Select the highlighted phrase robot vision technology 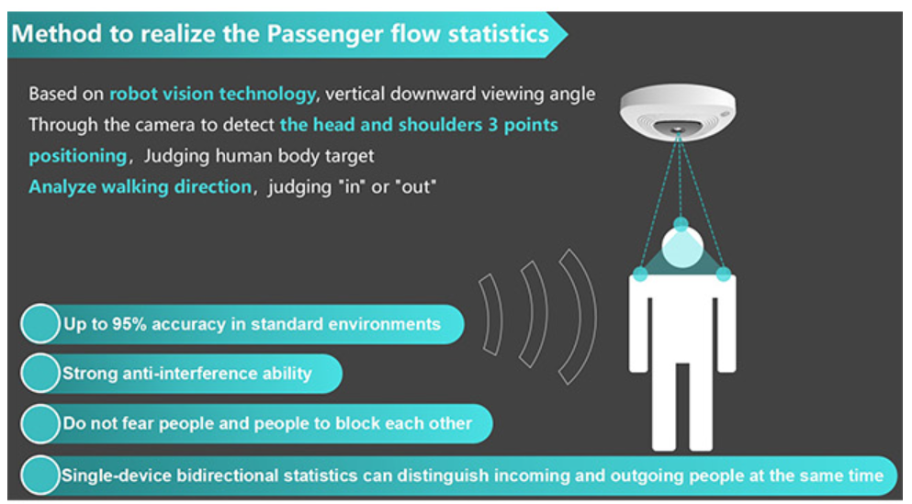(213, 95)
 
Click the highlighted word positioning (77, 156)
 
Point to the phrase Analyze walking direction (141, 186)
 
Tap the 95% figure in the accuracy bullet (129, 324)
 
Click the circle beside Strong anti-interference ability (40, 374)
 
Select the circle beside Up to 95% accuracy (40, 324)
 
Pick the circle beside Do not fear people (40, 424)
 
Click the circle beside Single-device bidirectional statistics (40, 475)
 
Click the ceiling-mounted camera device (678, 112)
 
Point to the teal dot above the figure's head (681, 224)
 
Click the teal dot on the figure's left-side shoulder (640, 274)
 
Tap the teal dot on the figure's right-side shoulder (723, 274)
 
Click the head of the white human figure (682, 248)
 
